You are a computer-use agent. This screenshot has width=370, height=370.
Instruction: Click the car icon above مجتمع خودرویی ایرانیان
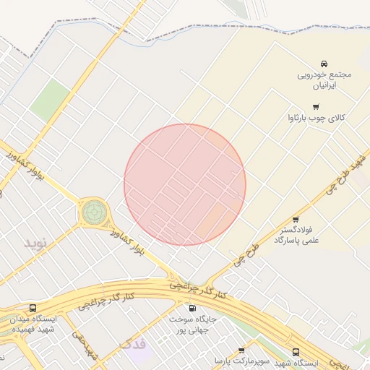coord(323,63)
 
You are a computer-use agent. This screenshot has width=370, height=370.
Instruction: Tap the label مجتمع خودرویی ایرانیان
coord(323,79)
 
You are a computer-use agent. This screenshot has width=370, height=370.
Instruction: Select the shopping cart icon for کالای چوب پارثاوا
coord(316,106)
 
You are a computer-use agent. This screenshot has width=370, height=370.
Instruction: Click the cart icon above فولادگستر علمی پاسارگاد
coord(296,220)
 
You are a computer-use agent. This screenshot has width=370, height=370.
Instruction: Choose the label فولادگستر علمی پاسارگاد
coord(295,235)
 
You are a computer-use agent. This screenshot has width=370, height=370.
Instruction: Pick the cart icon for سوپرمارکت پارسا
coord(241,350)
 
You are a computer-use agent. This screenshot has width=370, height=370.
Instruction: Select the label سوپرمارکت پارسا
coord(241,360)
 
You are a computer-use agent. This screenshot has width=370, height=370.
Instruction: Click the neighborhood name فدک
coord(133,344)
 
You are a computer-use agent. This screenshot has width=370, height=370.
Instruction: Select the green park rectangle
coord(48,99)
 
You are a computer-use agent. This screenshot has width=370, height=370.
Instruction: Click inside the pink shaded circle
coord(185,184)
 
